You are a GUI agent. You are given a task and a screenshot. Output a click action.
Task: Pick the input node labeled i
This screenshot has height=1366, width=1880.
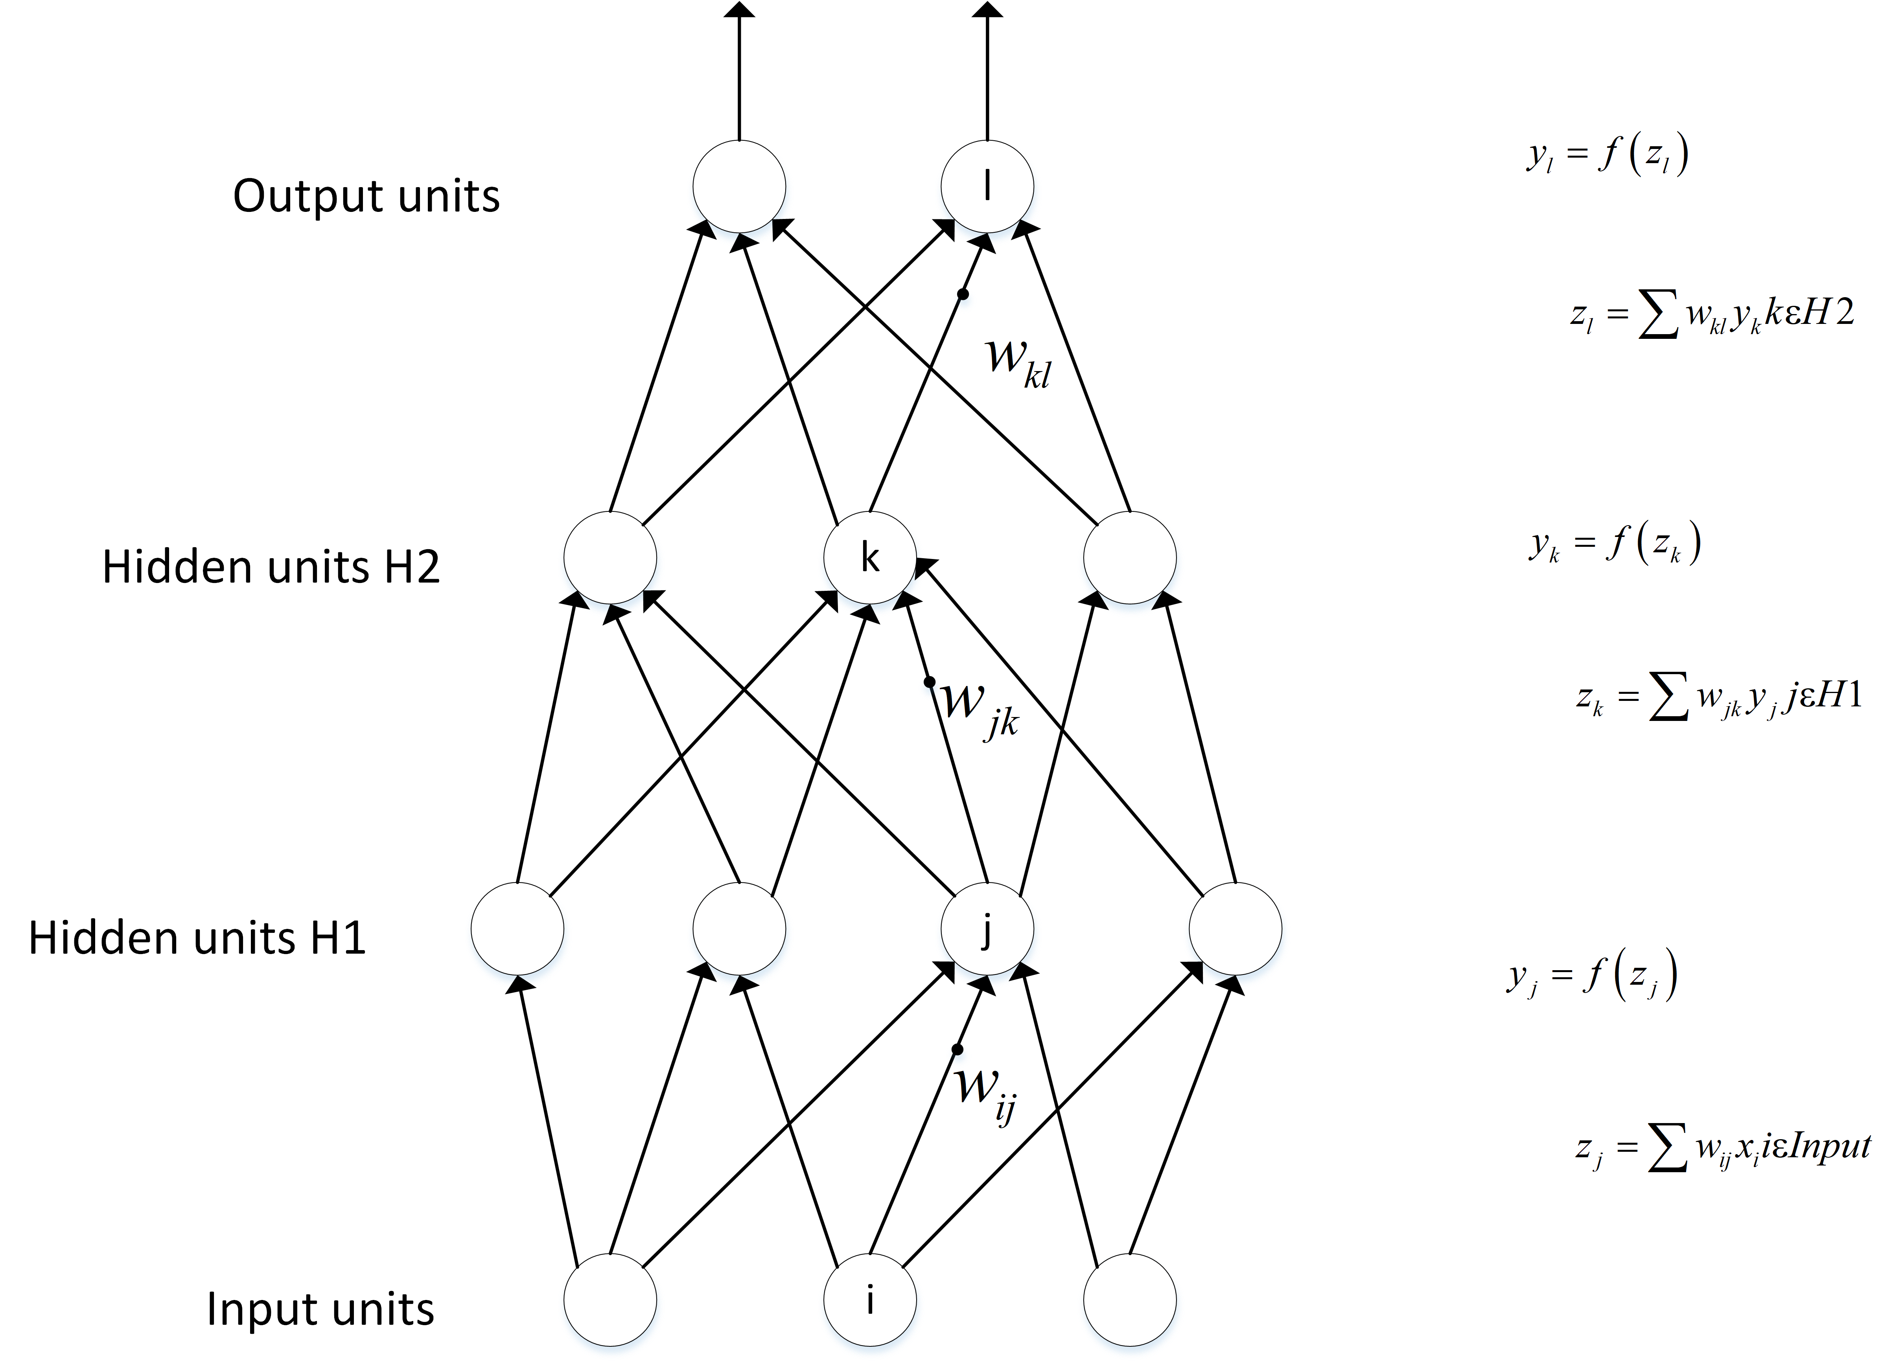click(869, 1300)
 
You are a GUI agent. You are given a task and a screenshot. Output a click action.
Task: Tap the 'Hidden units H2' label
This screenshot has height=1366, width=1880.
click(271, 568)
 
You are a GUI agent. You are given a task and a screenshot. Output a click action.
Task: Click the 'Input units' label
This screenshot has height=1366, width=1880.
click(320, 1310)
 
